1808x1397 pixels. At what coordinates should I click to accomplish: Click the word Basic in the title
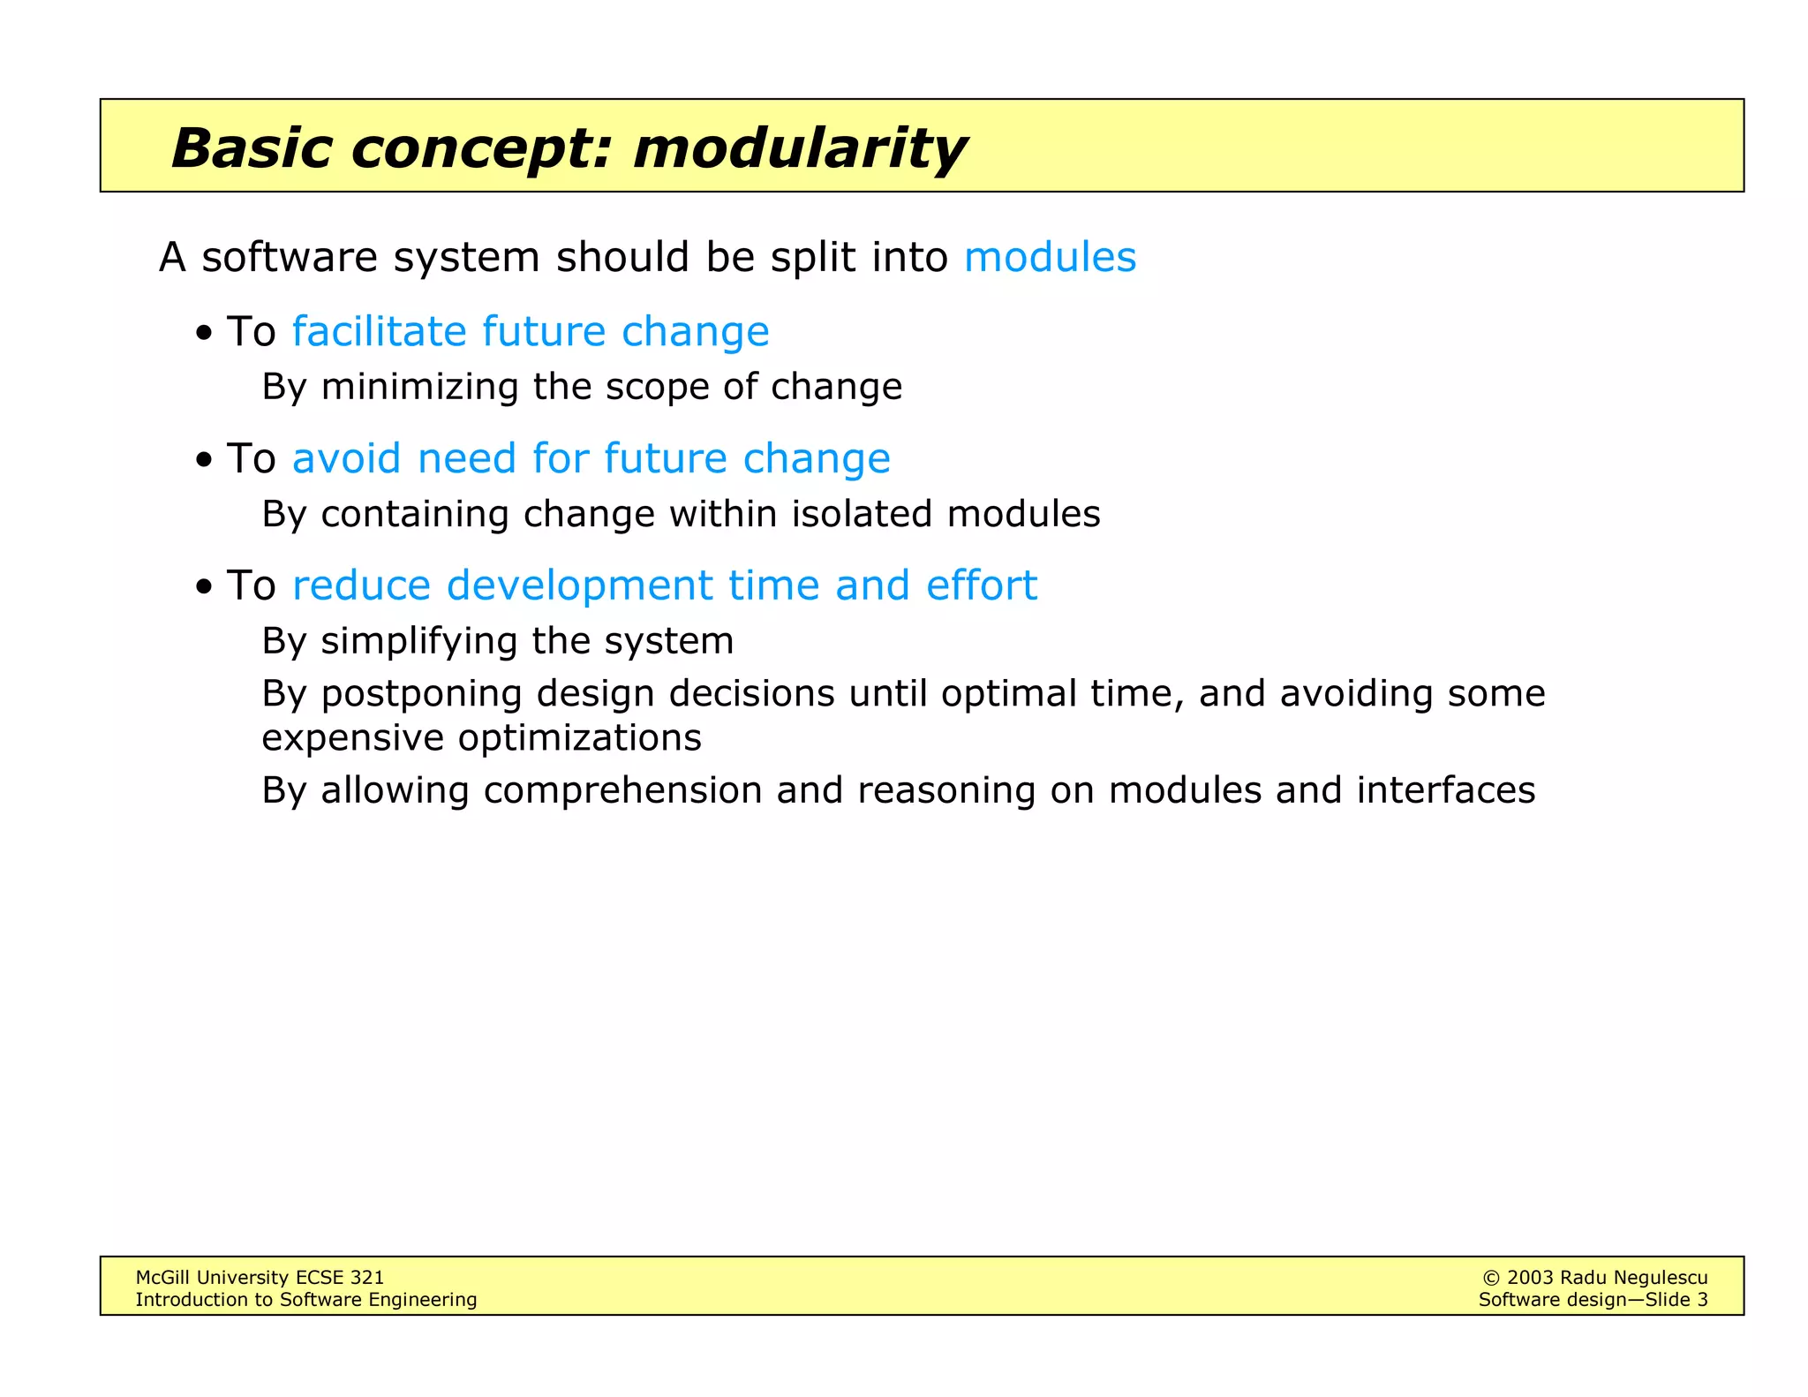coord(252,147)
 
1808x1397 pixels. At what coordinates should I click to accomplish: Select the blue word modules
coord(1050,257)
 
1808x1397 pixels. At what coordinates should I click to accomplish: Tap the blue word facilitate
coord(379,331)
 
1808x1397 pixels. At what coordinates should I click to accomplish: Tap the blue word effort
coord(981,585)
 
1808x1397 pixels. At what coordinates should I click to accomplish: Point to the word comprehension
coord(622,790)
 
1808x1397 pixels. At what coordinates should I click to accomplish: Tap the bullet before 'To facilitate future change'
coord(205,334)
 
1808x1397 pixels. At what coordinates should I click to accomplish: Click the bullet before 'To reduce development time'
coord(205,587)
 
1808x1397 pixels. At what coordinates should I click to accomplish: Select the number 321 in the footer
coord(366,1277)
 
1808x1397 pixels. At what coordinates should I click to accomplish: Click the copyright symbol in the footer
coord(1491,1278)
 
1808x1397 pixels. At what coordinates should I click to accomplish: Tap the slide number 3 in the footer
coord(1702,1300)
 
